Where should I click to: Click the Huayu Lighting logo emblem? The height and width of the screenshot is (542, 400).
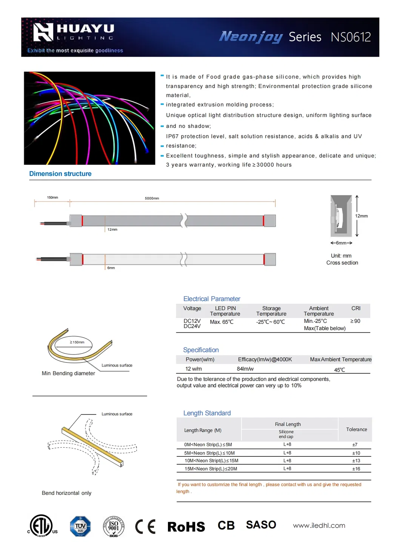(43, 32)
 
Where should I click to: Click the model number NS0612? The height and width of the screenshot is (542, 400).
(351, 37)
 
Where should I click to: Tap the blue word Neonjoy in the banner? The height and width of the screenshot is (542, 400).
(251, 37)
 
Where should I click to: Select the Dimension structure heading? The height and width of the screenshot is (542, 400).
(60, 174)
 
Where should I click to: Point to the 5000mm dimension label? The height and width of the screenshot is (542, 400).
(152, 198)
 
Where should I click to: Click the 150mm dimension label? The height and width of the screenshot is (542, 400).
(52, 197)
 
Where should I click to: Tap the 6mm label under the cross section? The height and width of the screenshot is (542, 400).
(341, 243)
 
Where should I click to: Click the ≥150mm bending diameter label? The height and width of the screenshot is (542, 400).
(77, 342)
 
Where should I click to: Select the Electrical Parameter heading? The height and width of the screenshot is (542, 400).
(212, 299)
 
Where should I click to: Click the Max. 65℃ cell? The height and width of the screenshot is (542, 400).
(222, 322)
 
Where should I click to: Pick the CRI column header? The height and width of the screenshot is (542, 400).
(356, 308)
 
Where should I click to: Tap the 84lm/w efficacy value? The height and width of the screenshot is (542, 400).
(245, 369)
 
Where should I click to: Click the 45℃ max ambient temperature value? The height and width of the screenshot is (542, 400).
(340, 370)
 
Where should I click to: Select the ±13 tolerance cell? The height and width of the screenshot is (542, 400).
(356, 461)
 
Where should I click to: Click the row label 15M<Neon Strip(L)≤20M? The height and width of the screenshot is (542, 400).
(211, 469)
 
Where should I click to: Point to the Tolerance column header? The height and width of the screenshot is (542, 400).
(357, 429)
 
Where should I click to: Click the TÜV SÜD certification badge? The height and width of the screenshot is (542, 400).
(80, 526)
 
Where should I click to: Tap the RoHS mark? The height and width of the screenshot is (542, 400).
(186, 527)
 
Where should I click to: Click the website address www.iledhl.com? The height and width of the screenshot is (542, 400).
(319, 525)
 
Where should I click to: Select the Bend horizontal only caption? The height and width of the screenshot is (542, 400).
(66, 493)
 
